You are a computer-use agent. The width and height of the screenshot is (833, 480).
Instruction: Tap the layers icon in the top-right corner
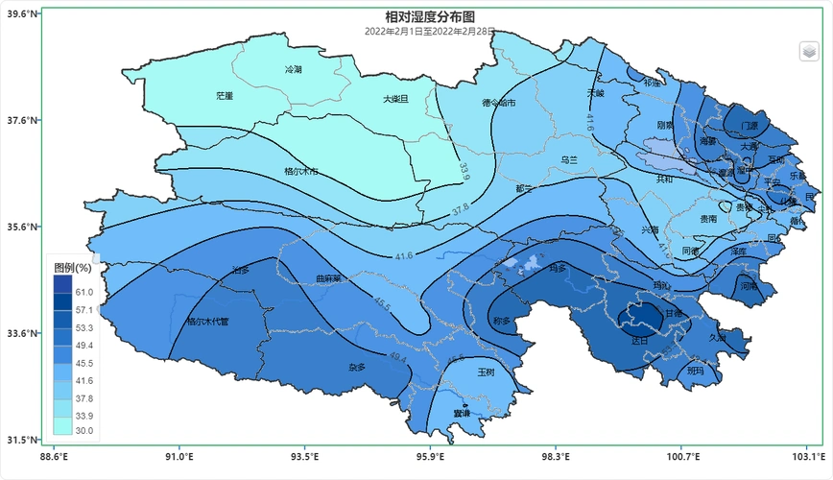809,51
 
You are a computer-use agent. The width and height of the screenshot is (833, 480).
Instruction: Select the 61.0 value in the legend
83,292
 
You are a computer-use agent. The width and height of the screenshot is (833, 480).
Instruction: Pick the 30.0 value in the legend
83,430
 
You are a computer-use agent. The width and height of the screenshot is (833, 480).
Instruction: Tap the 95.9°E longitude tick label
431,456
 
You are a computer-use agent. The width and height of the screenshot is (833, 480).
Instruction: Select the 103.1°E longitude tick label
807,456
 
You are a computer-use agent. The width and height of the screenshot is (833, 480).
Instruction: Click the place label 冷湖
293,70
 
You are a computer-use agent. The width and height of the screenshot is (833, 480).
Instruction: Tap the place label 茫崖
225,96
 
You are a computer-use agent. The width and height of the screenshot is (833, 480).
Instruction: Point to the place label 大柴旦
396,98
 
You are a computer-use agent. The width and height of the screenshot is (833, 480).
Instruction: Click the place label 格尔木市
301,172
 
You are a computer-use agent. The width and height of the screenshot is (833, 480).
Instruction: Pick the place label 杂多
357,367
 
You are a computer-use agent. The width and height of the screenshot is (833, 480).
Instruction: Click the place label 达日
640,341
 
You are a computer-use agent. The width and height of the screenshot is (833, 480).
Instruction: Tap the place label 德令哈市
499,103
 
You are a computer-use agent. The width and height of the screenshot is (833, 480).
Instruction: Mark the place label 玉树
487,372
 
